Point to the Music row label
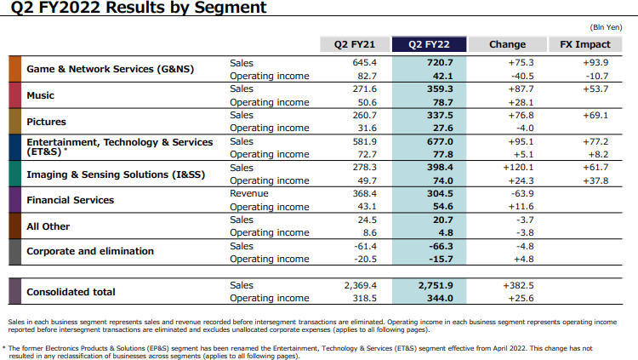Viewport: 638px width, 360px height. tap(41, 95)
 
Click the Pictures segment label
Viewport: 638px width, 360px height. tap(47, 122)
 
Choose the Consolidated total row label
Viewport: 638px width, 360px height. tap(71, 292)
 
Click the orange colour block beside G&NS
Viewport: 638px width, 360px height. tap(14, 69)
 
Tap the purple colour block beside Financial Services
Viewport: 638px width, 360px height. tap(14, 200)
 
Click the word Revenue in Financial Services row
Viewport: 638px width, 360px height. tap(249, 194)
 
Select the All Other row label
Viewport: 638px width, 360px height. tap(48, 226)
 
